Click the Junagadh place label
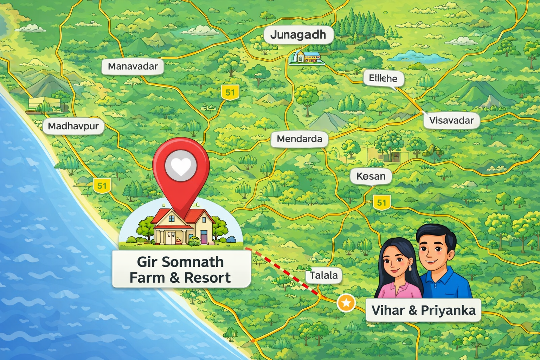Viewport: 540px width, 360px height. pos(298,35)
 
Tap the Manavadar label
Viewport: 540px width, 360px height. pos(133,66)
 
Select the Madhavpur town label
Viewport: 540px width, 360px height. pos(73,126)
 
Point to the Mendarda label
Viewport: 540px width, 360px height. pos(299,139)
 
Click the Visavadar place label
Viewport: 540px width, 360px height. pos(451,121)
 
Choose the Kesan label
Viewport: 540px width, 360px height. pos(371,176)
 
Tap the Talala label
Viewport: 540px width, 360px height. pos(323,275)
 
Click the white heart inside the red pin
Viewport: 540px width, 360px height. pos(181,166)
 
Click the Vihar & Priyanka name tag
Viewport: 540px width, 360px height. pos(423,310)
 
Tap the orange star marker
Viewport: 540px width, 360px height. pos(346,303)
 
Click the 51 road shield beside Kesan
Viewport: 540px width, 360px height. pos(381,202)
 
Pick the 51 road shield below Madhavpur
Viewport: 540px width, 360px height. pos(102,186)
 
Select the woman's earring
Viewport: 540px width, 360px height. pos(410,268)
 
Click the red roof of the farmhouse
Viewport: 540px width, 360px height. pos(165,215)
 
